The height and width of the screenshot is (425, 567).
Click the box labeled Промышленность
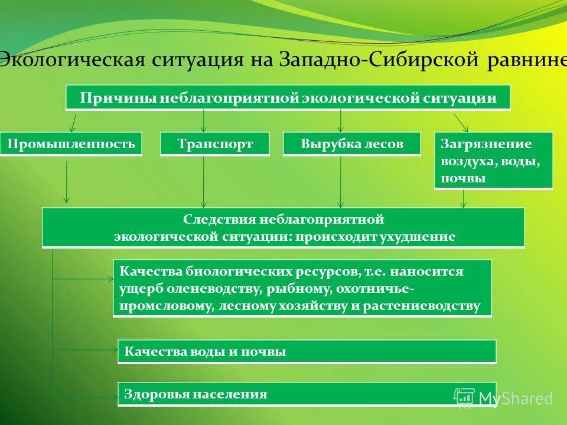pyautogui.click(x=71, y=143)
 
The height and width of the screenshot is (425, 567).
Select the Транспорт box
pyautogui.click(x=214, y=143)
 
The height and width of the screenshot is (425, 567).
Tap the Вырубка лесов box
pyautogui.click(x=351, y=143)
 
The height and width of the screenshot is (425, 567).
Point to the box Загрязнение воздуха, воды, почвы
pyautogui.click(x=493, y=161)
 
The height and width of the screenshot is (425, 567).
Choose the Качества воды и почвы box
pyautogui.click(x=307, y=352)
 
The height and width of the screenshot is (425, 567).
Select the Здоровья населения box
pyautogui.click(x=307, y=394)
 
